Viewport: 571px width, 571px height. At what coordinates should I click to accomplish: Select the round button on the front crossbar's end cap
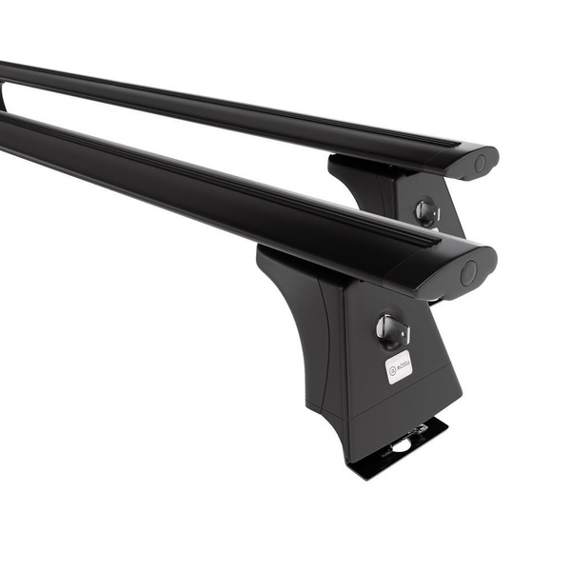pyautogui.click(x=468, y=274)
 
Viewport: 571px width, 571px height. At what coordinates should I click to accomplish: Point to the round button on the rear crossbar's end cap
pyautogui.click(x=480, y=164)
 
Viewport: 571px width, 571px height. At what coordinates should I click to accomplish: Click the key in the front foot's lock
pyautogui.click(x=390, y=329)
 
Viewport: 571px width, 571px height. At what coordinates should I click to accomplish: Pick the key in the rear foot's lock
pyautogui.click(x=426, y=213)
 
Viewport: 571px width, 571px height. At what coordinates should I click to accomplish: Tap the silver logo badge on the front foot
pyautogui.click(x=399, y=366)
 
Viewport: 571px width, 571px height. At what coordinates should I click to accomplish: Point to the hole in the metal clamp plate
pyautogui.click(x=404, y=444)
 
